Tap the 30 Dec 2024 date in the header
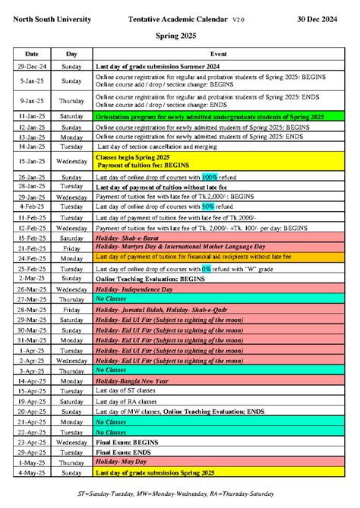[x=324, y=18]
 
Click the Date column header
[x=32, y=55]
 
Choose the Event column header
[x=218, y=55]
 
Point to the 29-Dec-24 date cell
[x=32, y=68]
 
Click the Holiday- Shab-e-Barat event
[x=127, y=238]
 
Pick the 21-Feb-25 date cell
[x=32, y=248]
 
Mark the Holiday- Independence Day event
[x=134, y=289]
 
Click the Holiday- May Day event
[x=120, y=462]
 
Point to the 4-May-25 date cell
[x=32, y=472]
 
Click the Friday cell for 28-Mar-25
[x=71, y=310]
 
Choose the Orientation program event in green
[x=209, y=116]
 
